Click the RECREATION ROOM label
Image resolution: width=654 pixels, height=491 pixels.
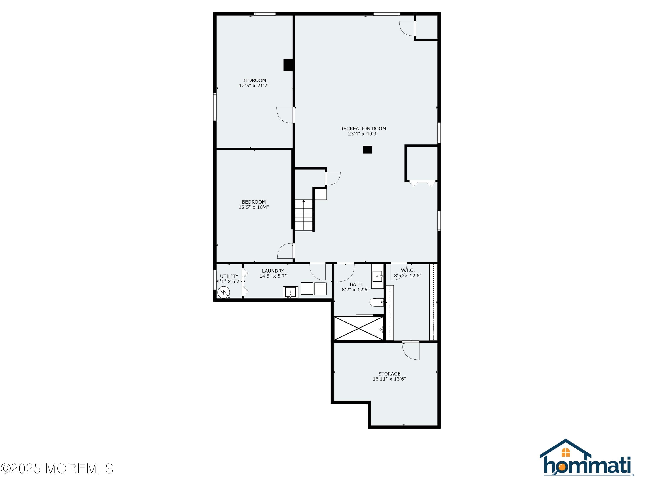pos(363,129)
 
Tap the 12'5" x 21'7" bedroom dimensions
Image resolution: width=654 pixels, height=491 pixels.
pos(254,86)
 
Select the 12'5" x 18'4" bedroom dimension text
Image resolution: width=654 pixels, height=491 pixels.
pos(254,207)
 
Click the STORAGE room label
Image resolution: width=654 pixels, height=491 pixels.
pos(389,374)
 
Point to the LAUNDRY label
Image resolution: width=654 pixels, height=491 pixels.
pos(273,271)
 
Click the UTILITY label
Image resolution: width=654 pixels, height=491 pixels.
pos(229,276)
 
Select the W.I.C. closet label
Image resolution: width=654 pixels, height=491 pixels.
pos(408,270)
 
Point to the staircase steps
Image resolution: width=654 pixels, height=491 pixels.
pos(304,215)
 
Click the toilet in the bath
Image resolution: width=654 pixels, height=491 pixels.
pos(376,302)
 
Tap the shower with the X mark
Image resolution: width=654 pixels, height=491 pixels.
pos(358,328)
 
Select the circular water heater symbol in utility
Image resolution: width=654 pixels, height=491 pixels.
pos(223,293)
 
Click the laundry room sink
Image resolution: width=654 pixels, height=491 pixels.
pos(290,292)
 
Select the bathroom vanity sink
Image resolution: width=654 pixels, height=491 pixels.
pos(377,276)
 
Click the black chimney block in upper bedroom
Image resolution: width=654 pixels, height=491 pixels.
pos(288,65)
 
